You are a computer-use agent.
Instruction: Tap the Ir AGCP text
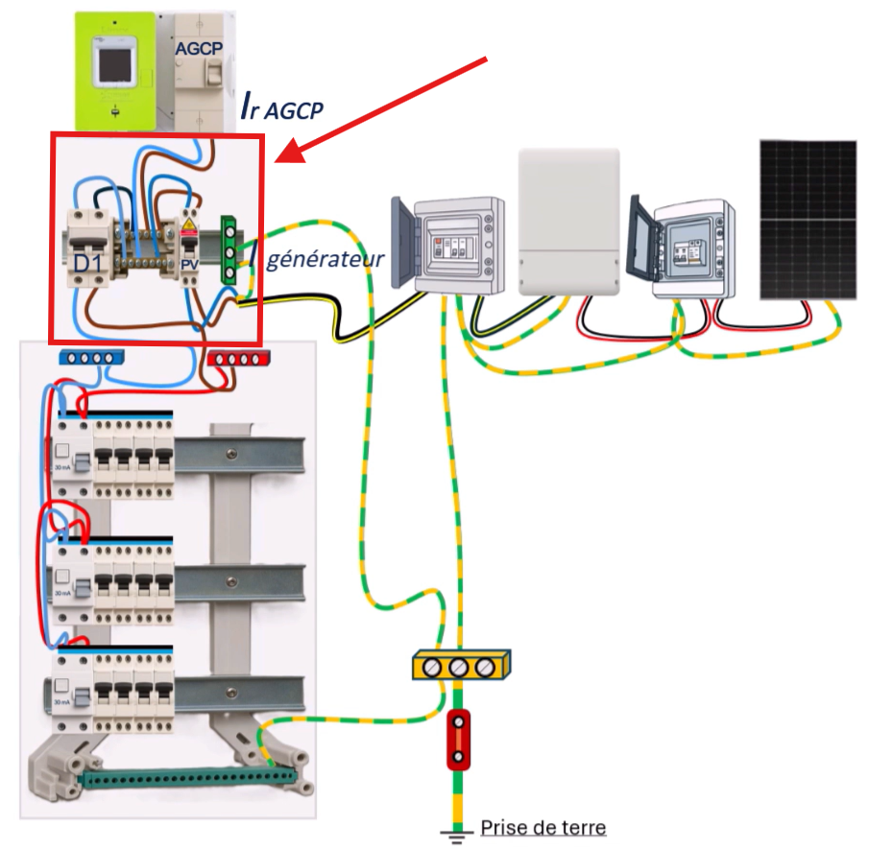pyautogui.click(x=281, y=108)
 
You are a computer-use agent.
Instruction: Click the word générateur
pyautogui.click(x=325, y=258)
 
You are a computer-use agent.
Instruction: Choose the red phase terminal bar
pyautogui.click(x=242, y=359)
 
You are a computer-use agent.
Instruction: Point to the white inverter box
pyautogui.click(x=567, y=221)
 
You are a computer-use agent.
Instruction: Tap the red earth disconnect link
pyautogui.click(x=458, y=739)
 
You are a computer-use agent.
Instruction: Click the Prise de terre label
pyautogui.click(x=543, y=827)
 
